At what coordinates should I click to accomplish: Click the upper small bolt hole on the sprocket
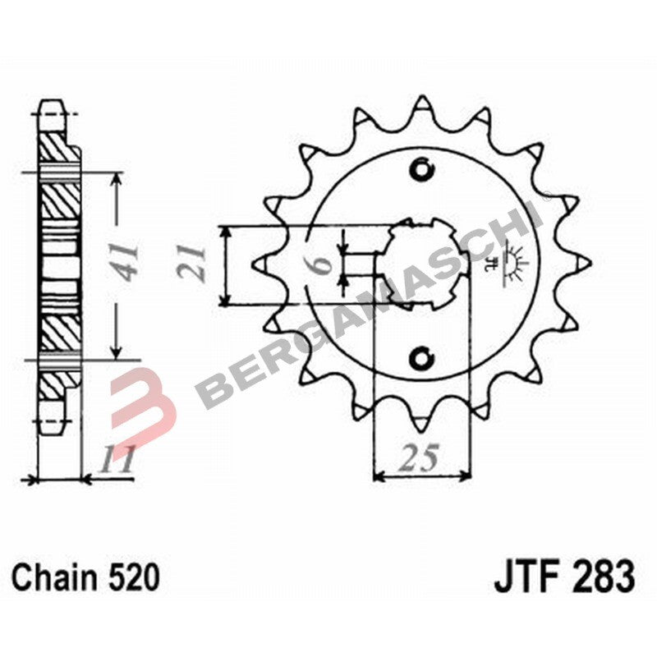(422, 171)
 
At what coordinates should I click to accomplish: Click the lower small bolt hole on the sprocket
(422, 357)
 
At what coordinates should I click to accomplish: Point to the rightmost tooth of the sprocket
(584, 262)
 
